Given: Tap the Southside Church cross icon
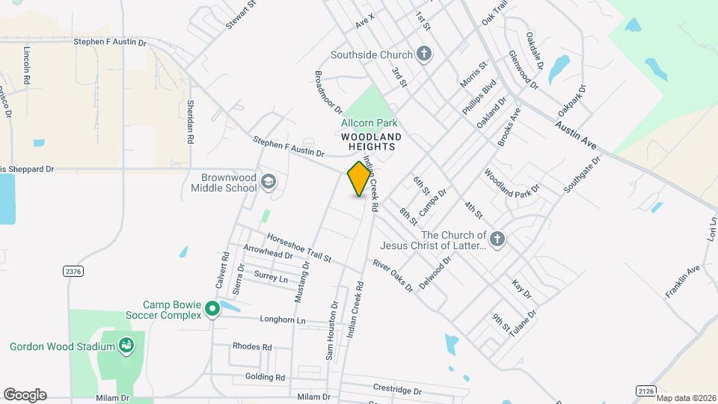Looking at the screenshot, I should click(424, 54).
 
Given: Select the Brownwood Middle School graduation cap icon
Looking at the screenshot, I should click(269, 183).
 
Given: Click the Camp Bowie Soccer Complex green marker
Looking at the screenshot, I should click(212, 308).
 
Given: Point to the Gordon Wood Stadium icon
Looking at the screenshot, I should click(126, 346).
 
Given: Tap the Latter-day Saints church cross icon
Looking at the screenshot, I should click(497, 239).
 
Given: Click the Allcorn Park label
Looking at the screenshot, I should click(369, 123).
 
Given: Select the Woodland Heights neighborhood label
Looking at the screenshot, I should click(371, 142).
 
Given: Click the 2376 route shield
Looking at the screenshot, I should click(73, 271).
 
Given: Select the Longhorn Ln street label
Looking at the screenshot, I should click(283, 320).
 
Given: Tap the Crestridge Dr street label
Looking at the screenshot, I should click(397, 389).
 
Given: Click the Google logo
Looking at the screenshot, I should click(25, 394).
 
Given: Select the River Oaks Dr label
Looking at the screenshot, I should click(393, 275).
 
